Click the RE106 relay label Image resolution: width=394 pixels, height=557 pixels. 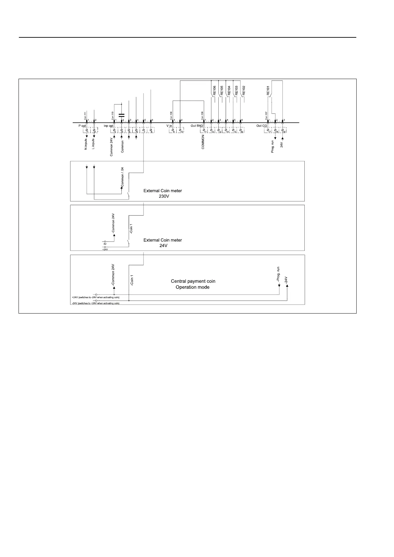(x=214, y=90)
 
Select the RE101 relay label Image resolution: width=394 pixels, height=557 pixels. (x=268, y=90)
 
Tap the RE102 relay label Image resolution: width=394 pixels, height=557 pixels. (x=244, y=90)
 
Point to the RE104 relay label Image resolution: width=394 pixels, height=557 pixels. (x=229, y=90)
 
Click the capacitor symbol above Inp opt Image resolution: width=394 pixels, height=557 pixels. (x=121, y=115)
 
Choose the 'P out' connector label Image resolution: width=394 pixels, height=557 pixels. (x=82, y=126)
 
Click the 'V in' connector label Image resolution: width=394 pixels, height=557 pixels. (x=169, y=126)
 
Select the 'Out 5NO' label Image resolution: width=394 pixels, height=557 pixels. (x=197, y=126)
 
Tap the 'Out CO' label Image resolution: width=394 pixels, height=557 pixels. (x=262, y=126)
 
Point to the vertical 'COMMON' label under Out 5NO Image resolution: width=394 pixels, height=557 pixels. (x=203, y=142)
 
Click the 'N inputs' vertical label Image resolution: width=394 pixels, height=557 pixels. (x=86, y=144)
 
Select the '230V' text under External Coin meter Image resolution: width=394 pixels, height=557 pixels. (x=162, y=196)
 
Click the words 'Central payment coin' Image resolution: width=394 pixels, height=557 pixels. (x=193, y=281)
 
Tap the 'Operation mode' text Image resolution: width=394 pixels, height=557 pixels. (x=193, y=287)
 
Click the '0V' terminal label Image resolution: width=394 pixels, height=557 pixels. (x=105, y=244)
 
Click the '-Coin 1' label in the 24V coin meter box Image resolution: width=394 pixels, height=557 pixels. (x=131, y=230)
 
